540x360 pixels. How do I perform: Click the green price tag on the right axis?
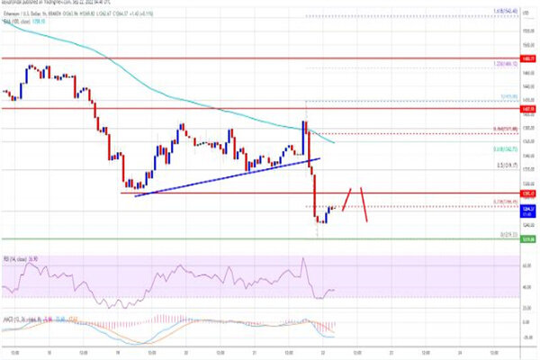coord(525,239)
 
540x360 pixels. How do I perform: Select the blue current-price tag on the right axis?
coord(525,208)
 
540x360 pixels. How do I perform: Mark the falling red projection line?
coord(364,204)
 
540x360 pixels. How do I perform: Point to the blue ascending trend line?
coord(225,177)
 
